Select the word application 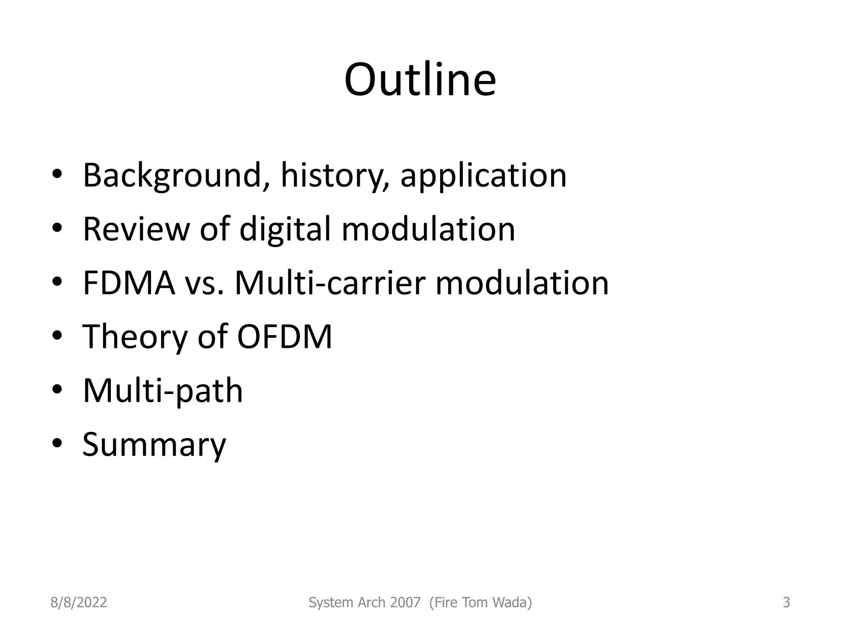(483, 175)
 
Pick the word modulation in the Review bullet (428, 229)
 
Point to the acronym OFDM (284, 336)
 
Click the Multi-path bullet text (163, 390)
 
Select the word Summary (154, 444)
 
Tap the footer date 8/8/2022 (78, 602)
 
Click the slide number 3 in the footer (786, 602)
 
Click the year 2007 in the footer (405, 602)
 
